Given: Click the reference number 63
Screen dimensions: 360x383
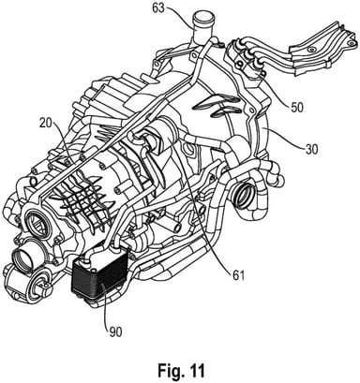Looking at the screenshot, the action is coord(158,8).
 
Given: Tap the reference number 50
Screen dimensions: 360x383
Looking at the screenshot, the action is coord(296,107).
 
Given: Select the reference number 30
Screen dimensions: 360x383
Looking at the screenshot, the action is coord(311,149).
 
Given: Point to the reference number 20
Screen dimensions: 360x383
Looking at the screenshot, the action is coord(47,124).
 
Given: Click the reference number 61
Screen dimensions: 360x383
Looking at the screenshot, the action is coord(238,275).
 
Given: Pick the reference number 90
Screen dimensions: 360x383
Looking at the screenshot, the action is coord(115,332).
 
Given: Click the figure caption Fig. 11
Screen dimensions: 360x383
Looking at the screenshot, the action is coord(181,370).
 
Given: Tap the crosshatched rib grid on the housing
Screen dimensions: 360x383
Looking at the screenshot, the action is coord(82,199).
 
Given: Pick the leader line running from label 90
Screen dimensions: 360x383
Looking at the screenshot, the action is coord(106,304).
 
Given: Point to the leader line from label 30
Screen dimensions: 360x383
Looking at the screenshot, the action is coord(283,137).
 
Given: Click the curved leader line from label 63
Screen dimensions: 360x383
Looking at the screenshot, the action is coord(180,14).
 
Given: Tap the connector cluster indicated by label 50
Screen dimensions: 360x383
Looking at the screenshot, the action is coord(247,58).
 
